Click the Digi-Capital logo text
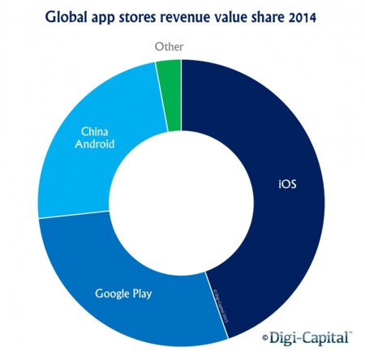pos(311,336)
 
